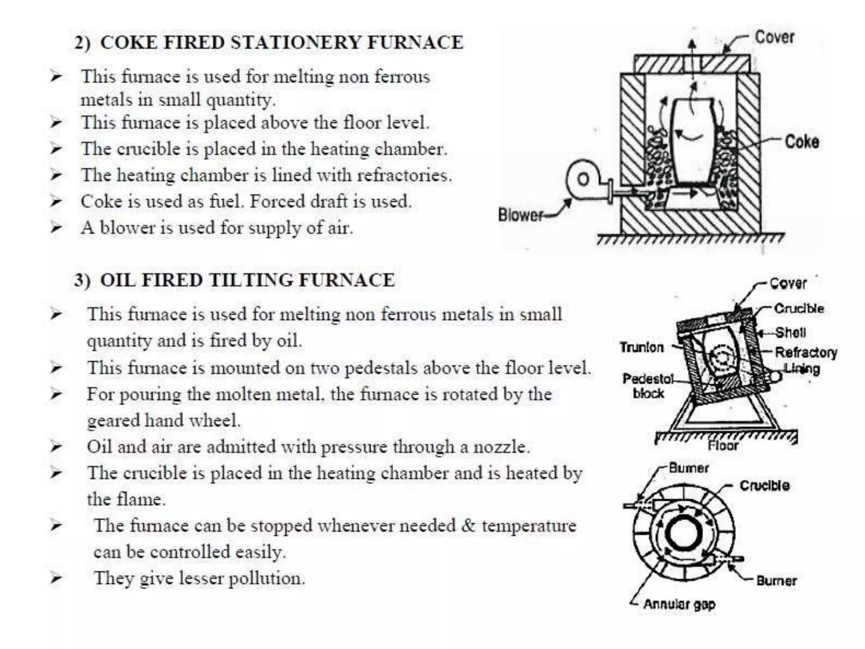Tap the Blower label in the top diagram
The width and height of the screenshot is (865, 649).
[x=520, y=215]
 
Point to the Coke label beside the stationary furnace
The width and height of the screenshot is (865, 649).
[x=802, y=142]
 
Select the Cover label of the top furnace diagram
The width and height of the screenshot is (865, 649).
[x=774, y=37]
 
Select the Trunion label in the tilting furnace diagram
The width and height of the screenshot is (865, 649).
[x=642, y=347]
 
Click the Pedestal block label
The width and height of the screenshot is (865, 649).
[x=648, y=386]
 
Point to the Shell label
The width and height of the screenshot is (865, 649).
[x=790, y=333]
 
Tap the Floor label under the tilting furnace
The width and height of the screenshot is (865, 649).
[x=723, y=446]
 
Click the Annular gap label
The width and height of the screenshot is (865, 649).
[x=679, y=604]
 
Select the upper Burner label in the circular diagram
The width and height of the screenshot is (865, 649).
[x=688, y=468]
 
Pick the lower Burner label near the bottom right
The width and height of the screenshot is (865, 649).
[x=776, y=581]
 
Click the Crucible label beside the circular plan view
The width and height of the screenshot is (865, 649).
[x=764, y=485]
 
